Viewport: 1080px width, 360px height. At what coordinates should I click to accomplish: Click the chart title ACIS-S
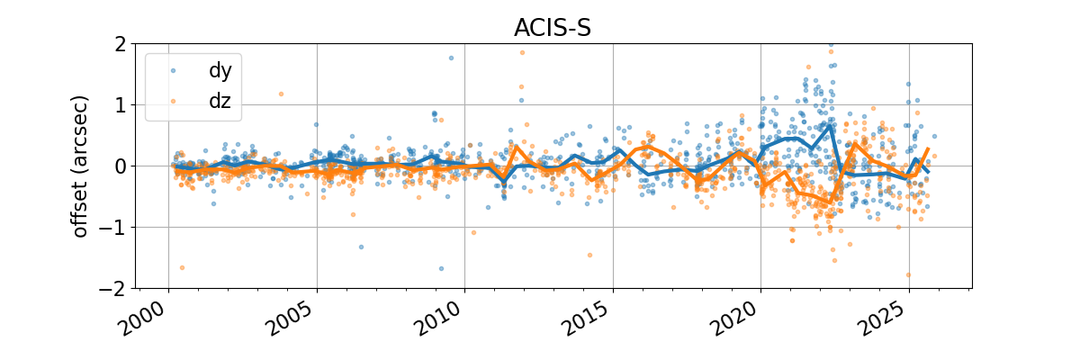click(x=552, y=28)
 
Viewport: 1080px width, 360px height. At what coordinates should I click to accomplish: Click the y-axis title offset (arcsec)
click(x=81, y=166)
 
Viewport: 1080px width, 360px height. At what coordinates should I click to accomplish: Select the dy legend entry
click(x=220, y=69)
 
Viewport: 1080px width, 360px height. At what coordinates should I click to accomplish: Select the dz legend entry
click(x=220, y=102)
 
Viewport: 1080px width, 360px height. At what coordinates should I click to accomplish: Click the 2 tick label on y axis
click(x=118, y=44)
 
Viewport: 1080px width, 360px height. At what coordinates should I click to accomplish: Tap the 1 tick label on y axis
click(x=118, y=105)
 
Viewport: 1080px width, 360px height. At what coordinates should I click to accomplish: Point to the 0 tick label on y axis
click(x=118, y=166)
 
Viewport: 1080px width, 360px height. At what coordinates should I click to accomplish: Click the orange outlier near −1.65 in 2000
click(x=182, y=267)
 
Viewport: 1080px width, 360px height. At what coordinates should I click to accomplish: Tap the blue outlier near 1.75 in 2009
click(x=451, y=58)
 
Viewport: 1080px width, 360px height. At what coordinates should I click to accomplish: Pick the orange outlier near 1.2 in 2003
click(x=281, y=94)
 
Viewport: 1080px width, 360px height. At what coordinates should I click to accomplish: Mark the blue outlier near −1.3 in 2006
click(x=361, y=247)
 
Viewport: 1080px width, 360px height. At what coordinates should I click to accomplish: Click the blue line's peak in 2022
click(x=830, y=126)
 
